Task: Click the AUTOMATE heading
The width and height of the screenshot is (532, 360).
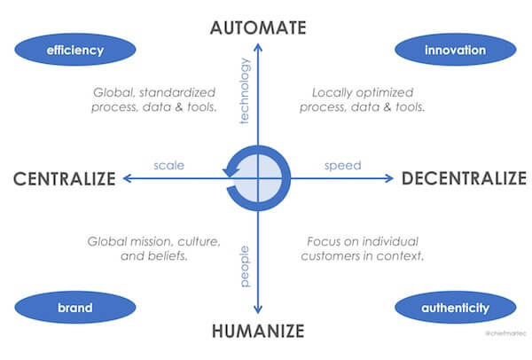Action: (258, 27)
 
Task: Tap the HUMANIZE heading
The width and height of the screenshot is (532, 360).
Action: (258, 331)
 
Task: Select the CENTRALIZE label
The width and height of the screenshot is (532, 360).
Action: (65, 178)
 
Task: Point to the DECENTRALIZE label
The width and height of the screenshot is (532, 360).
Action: (464, 178)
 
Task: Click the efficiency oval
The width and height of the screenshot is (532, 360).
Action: (75, 50)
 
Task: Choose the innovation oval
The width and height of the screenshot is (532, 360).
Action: (456, 50)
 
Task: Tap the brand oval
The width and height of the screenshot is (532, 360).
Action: (75, 308)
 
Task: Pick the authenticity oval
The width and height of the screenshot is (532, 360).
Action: (456, 308)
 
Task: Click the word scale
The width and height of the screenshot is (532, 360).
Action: (169, 165)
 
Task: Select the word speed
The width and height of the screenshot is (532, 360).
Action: (342, 166)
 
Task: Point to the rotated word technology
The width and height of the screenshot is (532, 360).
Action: (245, 91)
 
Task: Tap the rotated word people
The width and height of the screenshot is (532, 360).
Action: (245, 266)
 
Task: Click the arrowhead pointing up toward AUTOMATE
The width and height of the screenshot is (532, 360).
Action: (258, 47)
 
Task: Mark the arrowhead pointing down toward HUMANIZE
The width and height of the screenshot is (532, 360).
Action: (258, 309)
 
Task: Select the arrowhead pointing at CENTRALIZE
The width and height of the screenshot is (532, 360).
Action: (127, 178)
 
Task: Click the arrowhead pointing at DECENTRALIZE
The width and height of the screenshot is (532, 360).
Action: (389, 178)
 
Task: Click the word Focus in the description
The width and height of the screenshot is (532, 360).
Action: (323, 241)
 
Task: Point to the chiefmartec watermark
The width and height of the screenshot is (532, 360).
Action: (506, 333)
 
